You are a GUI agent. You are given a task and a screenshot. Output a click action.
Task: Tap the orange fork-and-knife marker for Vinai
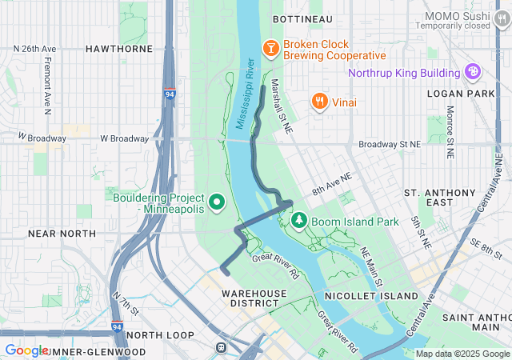coord(319,101)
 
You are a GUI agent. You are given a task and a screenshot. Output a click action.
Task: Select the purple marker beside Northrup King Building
coord(473,73)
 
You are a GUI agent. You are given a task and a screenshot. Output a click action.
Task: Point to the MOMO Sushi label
coord(458,15)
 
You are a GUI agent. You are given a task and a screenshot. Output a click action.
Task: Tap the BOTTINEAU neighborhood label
coord(302,18)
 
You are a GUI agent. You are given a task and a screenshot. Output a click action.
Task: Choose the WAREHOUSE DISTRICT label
coord(254,298)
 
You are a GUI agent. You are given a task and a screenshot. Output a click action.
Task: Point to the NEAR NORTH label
coord(62,234)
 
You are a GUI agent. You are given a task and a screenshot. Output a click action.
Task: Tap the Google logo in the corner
coord(26,350)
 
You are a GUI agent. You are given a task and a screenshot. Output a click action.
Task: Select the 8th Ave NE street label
coord(332,185)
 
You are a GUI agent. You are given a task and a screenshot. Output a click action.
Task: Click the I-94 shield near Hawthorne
coord(170,94)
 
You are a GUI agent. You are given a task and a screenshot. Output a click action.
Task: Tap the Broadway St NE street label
coord(390,144)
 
